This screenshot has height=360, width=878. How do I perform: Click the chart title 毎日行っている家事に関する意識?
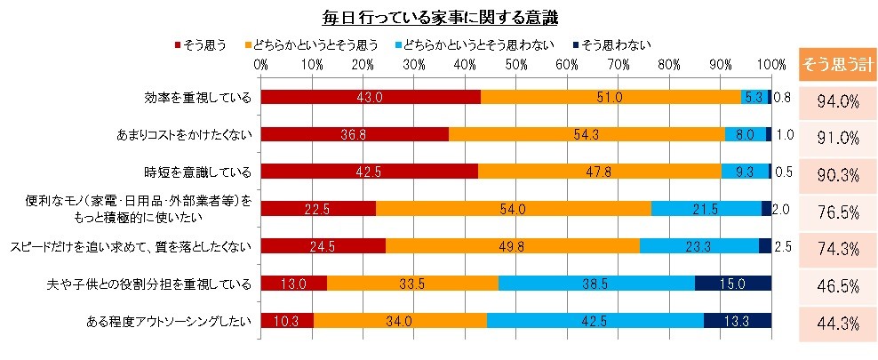438,17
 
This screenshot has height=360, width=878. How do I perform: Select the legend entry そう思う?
206,44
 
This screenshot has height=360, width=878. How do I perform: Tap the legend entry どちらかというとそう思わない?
478,44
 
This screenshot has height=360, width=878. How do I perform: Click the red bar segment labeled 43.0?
371,97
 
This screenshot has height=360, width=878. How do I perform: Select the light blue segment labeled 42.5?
595,321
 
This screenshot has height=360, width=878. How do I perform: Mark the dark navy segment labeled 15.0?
732,284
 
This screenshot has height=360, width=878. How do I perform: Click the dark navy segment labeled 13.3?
737,321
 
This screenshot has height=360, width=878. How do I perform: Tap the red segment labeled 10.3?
287,321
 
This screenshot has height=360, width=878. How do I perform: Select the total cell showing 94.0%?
837,100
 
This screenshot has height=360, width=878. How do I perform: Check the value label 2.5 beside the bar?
781,245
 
